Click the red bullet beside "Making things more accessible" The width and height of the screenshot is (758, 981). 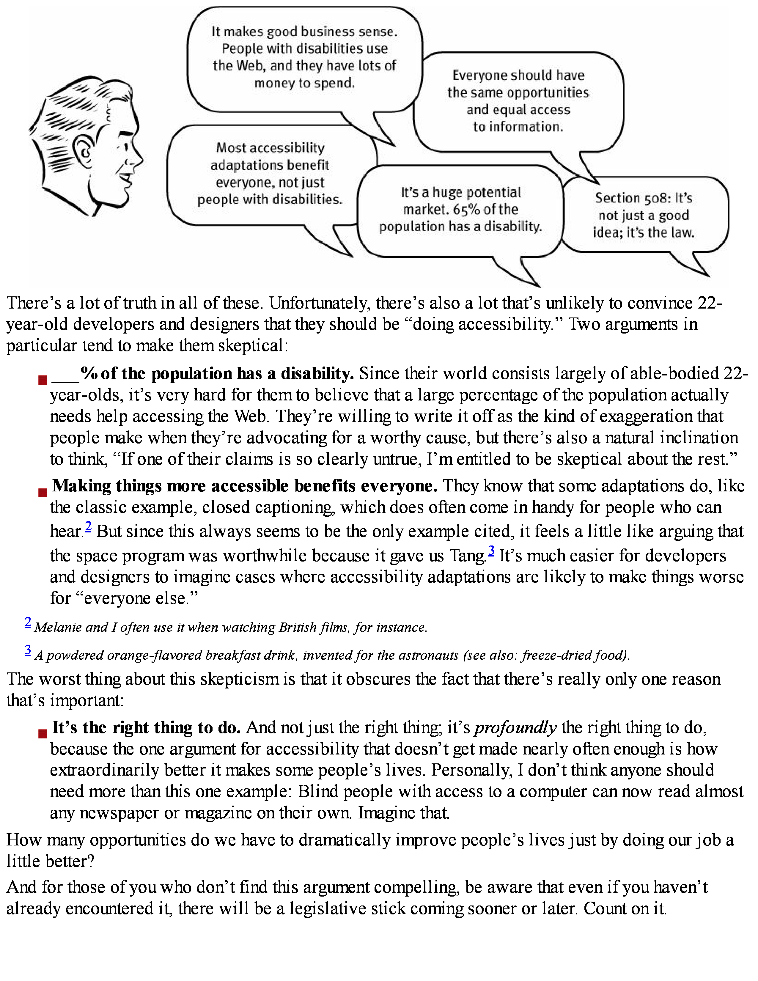[42, 492]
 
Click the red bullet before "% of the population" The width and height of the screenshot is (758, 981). [42, 380]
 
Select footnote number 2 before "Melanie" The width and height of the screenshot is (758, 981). [28, 622]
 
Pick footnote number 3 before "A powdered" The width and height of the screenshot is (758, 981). [28, 650]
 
